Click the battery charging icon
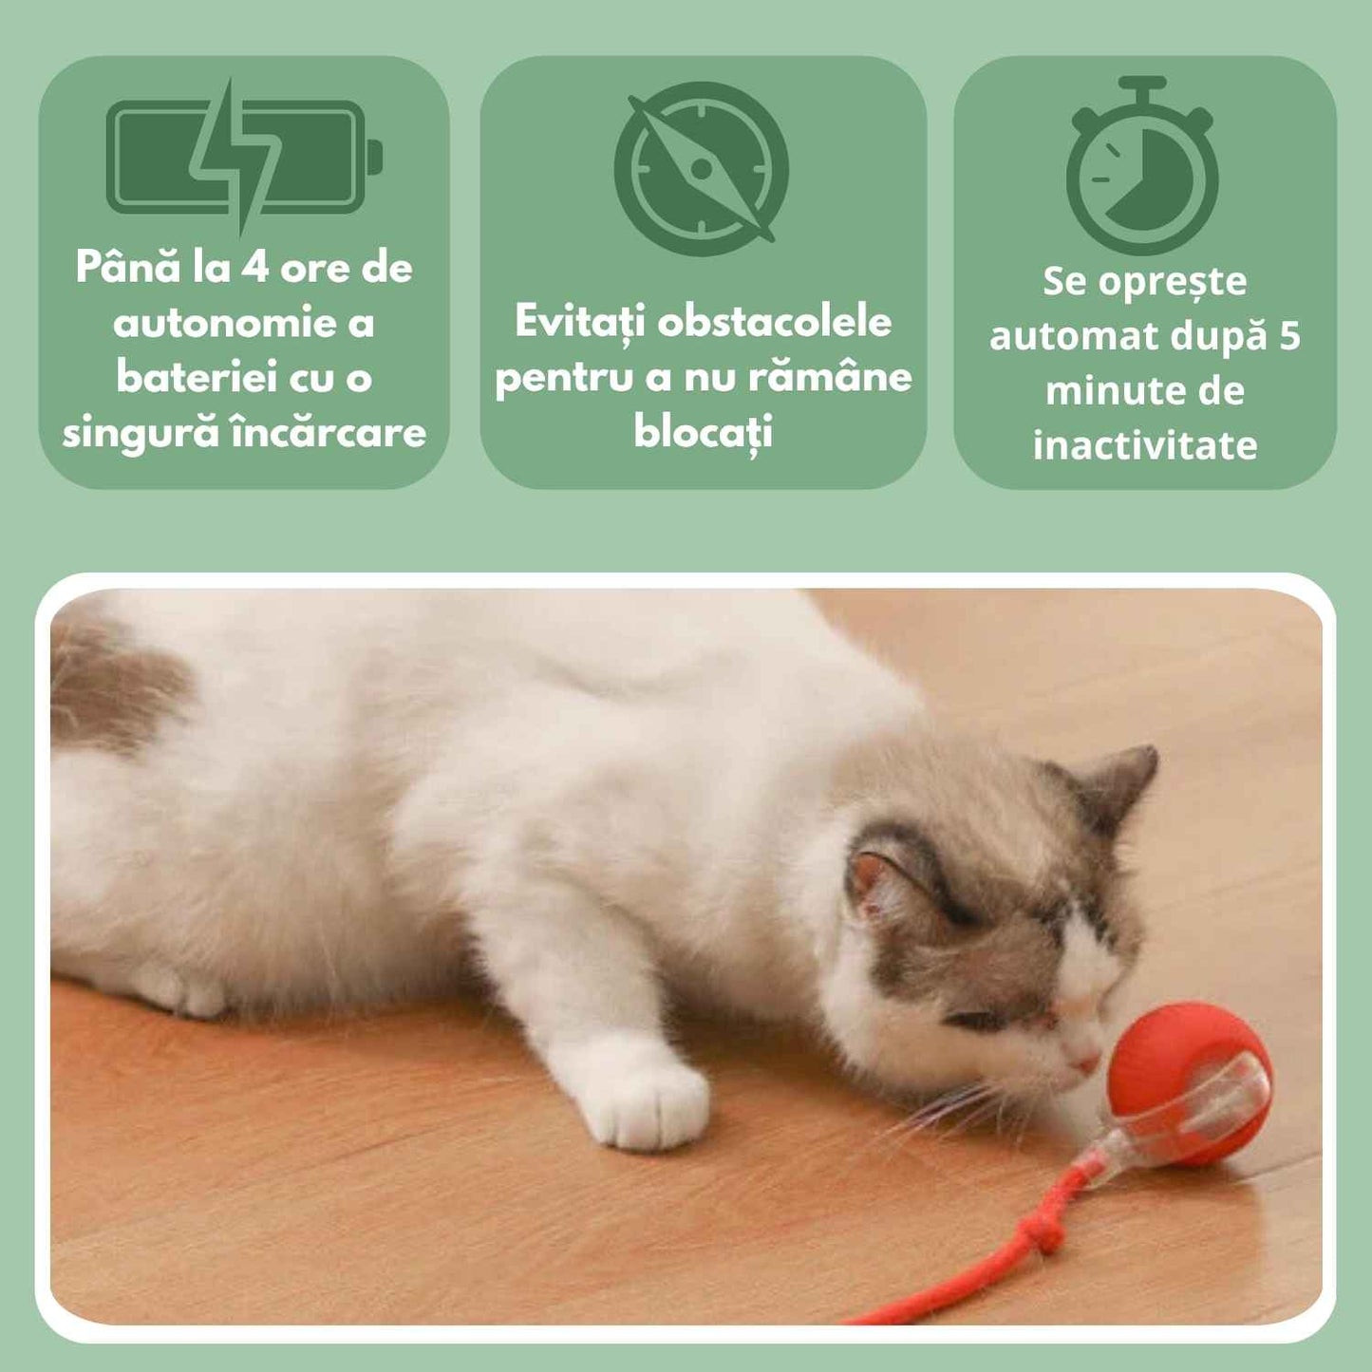242,157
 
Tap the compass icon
702,168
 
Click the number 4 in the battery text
254,268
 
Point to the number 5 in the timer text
1288,336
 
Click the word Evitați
579,322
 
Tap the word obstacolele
775,322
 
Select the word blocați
703,432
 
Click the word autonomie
224,323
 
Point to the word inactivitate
1145,445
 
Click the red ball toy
1188,1082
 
